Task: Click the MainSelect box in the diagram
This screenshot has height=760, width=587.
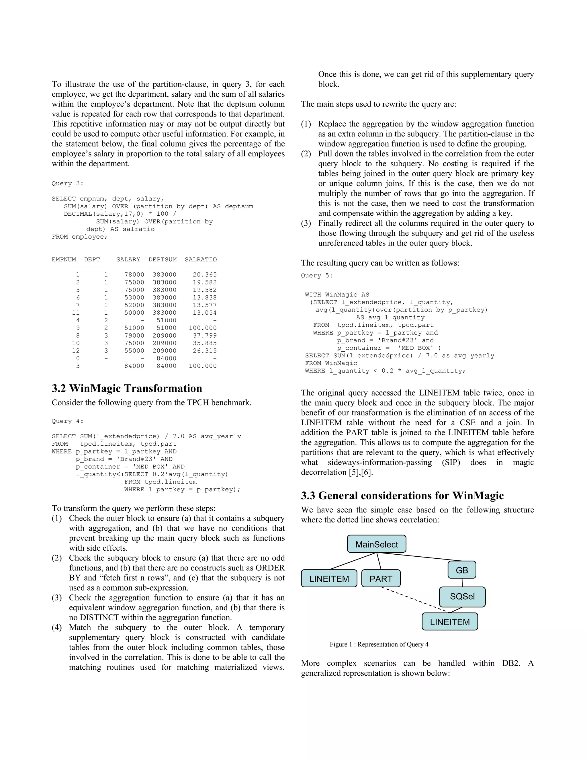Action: pos(376,544)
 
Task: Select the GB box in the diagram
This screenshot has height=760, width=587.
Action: pos(461,570)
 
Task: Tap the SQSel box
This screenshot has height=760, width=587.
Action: pos(462,596)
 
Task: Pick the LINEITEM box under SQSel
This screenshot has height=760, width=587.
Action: pos(449,622)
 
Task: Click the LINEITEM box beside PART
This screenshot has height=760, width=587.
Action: pos(329,579)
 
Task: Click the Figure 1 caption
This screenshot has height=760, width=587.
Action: pos(379,644)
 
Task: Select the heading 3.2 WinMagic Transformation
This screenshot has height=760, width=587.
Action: pos(127,388)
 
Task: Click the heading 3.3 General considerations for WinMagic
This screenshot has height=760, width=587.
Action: pos(402,495)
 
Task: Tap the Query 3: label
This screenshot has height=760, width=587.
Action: pos(67,183)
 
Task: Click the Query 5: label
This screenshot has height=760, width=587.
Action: pos(316,276)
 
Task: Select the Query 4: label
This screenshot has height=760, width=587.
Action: pos(67,421)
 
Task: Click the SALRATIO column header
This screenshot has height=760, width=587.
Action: pos(200,260)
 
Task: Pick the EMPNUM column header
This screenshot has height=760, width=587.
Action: pos(64,260)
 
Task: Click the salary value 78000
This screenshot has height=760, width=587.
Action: pos(134,274)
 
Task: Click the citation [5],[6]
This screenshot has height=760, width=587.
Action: pos(360,472)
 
